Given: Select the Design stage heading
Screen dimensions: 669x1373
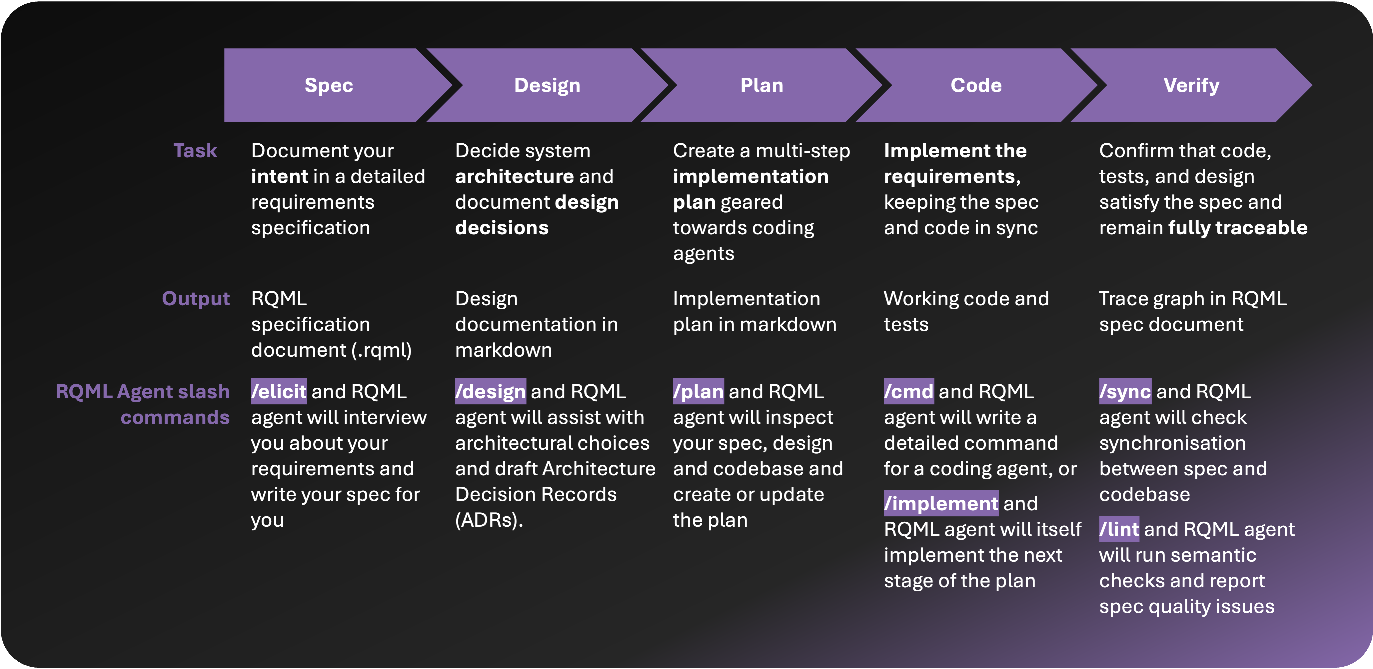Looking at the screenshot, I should point(547,85).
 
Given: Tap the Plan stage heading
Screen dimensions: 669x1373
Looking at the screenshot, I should point(762,85).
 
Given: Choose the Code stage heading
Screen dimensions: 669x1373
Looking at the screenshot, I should point(976,85).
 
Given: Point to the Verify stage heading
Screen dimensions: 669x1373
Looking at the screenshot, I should point(1191,85).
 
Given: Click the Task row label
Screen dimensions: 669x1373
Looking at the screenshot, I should point(195,151).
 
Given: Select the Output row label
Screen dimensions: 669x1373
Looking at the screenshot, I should point(196,299).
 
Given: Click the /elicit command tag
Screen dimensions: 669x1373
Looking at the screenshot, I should point(279,392).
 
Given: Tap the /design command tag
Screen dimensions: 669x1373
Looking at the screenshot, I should point(490,392).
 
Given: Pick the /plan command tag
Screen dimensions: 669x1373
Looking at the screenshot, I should point(698,392).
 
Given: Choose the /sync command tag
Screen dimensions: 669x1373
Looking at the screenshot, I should point(1125,392).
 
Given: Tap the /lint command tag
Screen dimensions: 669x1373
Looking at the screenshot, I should point(1119,529).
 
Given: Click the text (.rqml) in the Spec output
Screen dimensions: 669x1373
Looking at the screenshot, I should point(381,350).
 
